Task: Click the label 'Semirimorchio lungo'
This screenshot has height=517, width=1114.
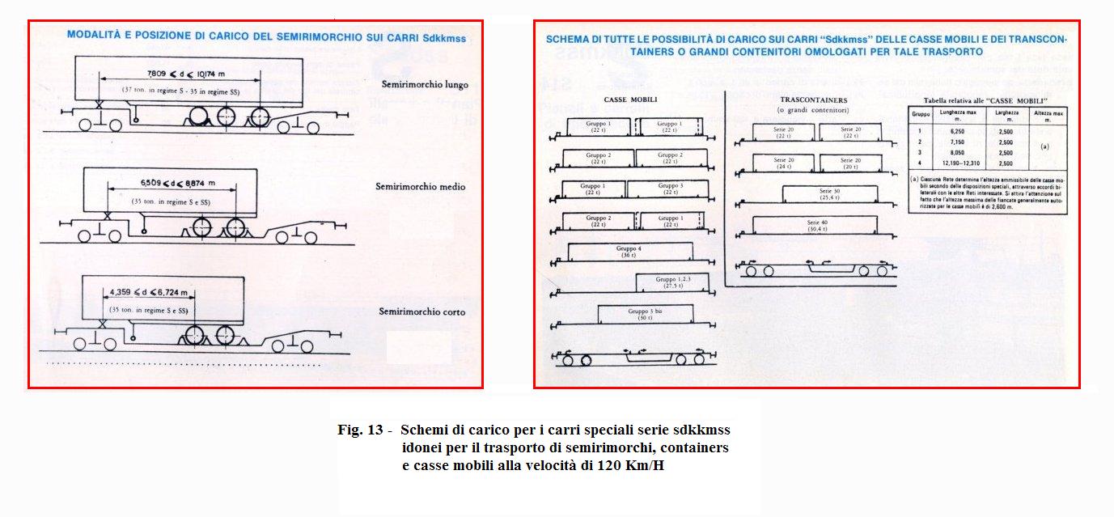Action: click(426, 84)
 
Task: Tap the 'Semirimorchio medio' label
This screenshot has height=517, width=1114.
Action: click(421, 187)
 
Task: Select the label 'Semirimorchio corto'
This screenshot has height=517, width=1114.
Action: click(422, 311)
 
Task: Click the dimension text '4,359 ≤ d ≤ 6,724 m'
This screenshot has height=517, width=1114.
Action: click(148, 292)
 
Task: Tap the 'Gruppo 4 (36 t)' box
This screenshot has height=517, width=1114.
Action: click(630, 252)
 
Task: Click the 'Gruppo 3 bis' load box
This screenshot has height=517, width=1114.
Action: click(645, 313)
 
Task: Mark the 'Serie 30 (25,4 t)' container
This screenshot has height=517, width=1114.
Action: click(830, 194)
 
